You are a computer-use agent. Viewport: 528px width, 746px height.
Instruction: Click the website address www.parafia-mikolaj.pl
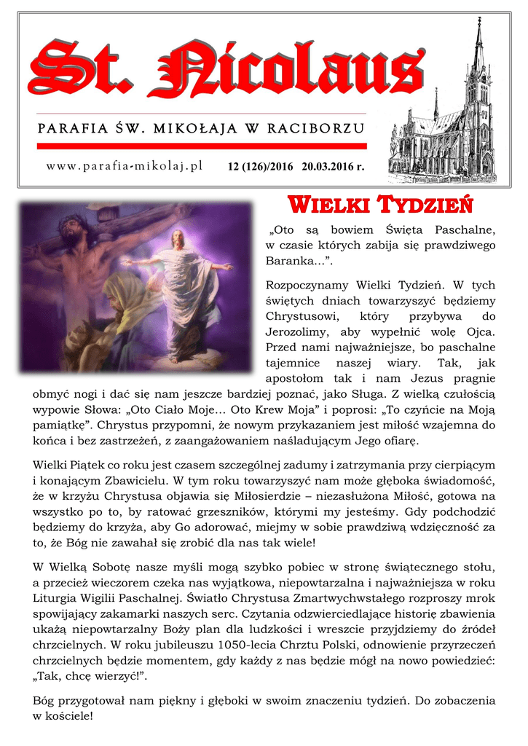[x=124, y=166]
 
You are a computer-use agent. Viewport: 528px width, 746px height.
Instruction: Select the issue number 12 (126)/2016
[x=260, y=167]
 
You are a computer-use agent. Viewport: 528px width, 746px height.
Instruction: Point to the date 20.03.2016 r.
[x=333, y=167]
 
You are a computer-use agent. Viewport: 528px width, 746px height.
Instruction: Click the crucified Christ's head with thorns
[x=71, y=231]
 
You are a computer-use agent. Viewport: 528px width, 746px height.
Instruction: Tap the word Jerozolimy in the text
[x=300, y=332]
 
